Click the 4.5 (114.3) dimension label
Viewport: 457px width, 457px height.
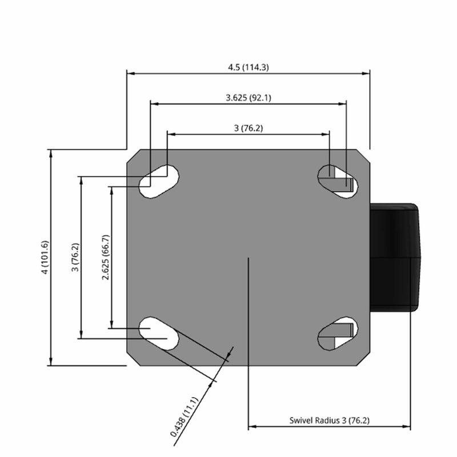click(248, 67)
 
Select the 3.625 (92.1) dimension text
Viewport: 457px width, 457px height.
click(248, 98)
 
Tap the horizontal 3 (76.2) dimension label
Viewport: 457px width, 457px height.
click(248, 128)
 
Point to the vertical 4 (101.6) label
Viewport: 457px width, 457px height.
click(45, 258)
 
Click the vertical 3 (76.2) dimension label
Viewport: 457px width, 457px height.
click(75, 258)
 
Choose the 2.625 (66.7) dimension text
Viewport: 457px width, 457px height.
click(105, 258)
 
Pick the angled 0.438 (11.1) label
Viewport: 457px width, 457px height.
click(184, 417)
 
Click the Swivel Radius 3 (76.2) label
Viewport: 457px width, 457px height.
click(330, 420)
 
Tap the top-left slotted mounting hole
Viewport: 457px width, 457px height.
click(159, 182)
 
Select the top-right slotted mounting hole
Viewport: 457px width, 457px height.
click(338, 182)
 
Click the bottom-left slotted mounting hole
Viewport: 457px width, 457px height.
click(159, 334)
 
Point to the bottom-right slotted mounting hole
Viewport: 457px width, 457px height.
click(338, 334)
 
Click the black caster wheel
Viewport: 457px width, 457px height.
click(395, 258)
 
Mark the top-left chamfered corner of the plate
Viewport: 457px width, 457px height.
click(134, 157)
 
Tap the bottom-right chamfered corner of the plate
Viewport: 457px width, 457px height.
click(363, 359)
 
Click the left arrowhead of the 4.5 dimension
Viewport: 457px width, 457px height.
click(131, 74)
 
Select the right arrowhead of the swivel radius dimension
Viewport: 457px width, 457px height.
click(406, 426)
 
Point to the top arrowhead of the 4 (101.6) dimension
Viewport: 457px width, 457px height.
click(51, 154)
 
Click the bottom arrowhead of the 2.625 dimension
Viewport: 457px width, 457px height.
click(111, 324)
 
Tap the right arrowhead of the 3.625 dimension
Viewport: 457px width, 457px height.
click(342, 104)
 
